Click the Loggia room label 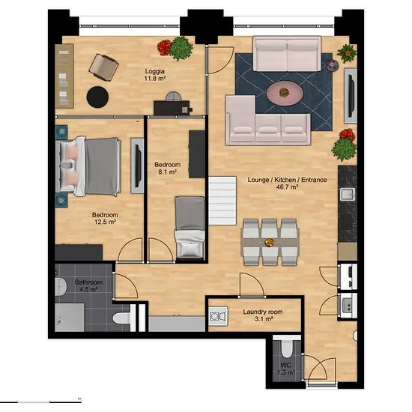click(155, 71)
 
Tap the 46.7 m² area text click(287, 187)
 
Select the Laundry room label click(263, 312)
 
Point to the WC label click(286, 366)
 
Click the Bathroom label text click(88, 282)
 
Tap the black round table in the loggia click(97, 97)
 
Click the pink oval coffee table click(285, 93)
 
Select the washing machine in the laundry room click(219, 316)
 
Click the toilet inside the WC click(286, 348)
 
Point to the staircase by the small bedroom click(222, 201)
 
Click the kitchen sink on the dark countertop click(348, 195)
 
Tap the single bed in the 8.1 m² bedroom click(190, 227)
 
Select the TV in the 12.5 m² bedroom click(138, 166)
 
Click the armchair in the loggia click(103, 67)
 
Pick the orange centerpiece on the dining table click(269, 242)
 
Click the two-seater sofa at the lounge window click(287, 54)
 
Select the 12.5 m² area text click(105, 222)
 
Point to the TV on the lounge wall click(351, 96)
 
